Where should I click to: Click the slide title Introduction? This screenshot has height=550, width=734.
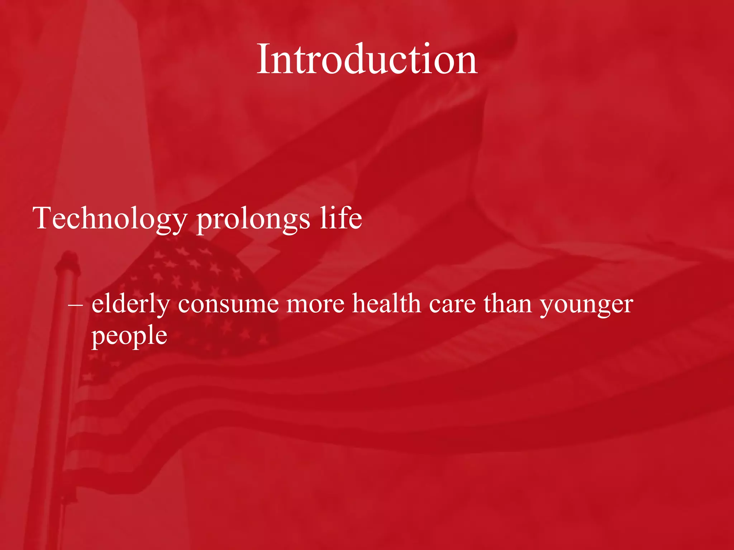click(x=367, y=59)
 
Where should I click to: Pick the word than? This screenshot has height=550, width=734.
click(x=507, y=304)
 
